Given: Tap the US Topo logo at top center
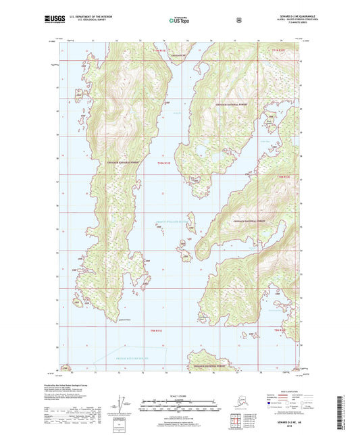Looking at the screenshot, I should (178, 20).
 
